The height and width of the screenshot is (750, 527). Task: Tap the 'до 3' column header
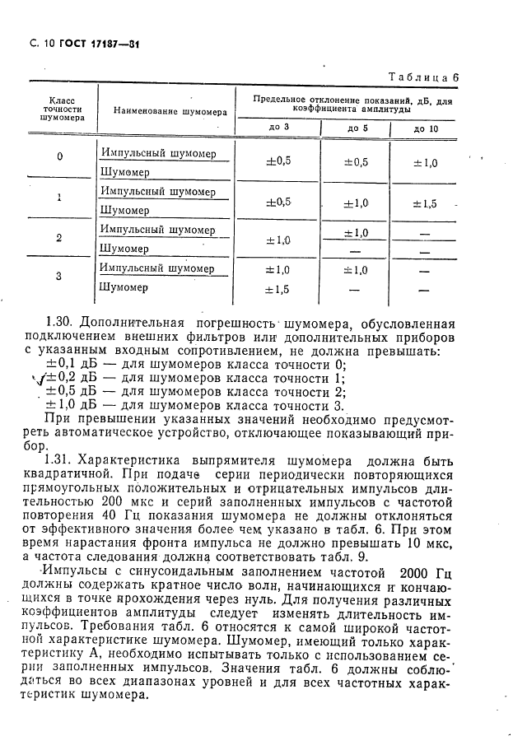pyautogui.click(x=279, y=128)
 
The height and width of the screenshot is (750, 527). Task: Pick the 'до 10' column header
pyautogui.click(x=426, y=128)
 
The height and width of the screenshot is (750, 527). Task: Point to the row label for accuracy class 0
pyautogui.click(x=58, y=157)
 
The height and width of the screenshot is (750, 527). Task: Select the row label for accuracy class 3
pyautogui.click(x=58, y=276)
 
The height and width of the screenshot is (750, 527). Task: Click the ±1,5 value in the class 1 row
pyautogui.click(x=426, y=203)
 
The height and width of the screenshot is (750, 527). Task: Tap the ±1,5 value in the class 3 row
pyautogui.click(x=278, y=289)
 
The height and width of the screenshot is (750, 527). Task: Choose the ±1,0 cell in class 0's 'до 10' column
pyautogui.click(x=426, y=163)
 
